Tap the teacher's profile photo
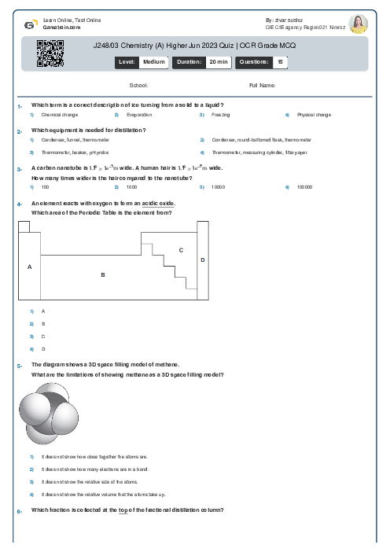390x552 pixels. [x=358, y=24]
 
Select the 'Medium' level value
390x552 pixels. [x=153, y=61]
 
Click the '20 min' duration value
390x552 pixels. [x=218, y=61]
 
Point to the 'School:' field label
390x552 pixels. [x=138, y=85]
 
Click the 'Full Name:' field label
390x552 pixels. [x=262, y=85]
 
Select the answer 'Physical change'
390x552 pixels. [x=314, y=115]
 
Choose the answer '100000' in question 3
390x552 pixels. [x=304, y=187]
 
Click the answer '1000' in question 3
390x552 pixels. [x=131, y=187]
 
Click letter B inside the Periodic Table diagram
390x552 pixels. [x=102, y=274]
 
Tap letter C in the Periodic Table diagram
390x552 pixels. [x=181, y=250]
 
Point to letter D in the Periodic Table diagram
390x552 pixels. [x=202, y=259]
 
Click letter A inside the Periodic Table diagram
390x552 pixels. [x=30, y=267]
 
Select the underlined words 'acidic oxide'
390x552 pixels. [x=158, y=204]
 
